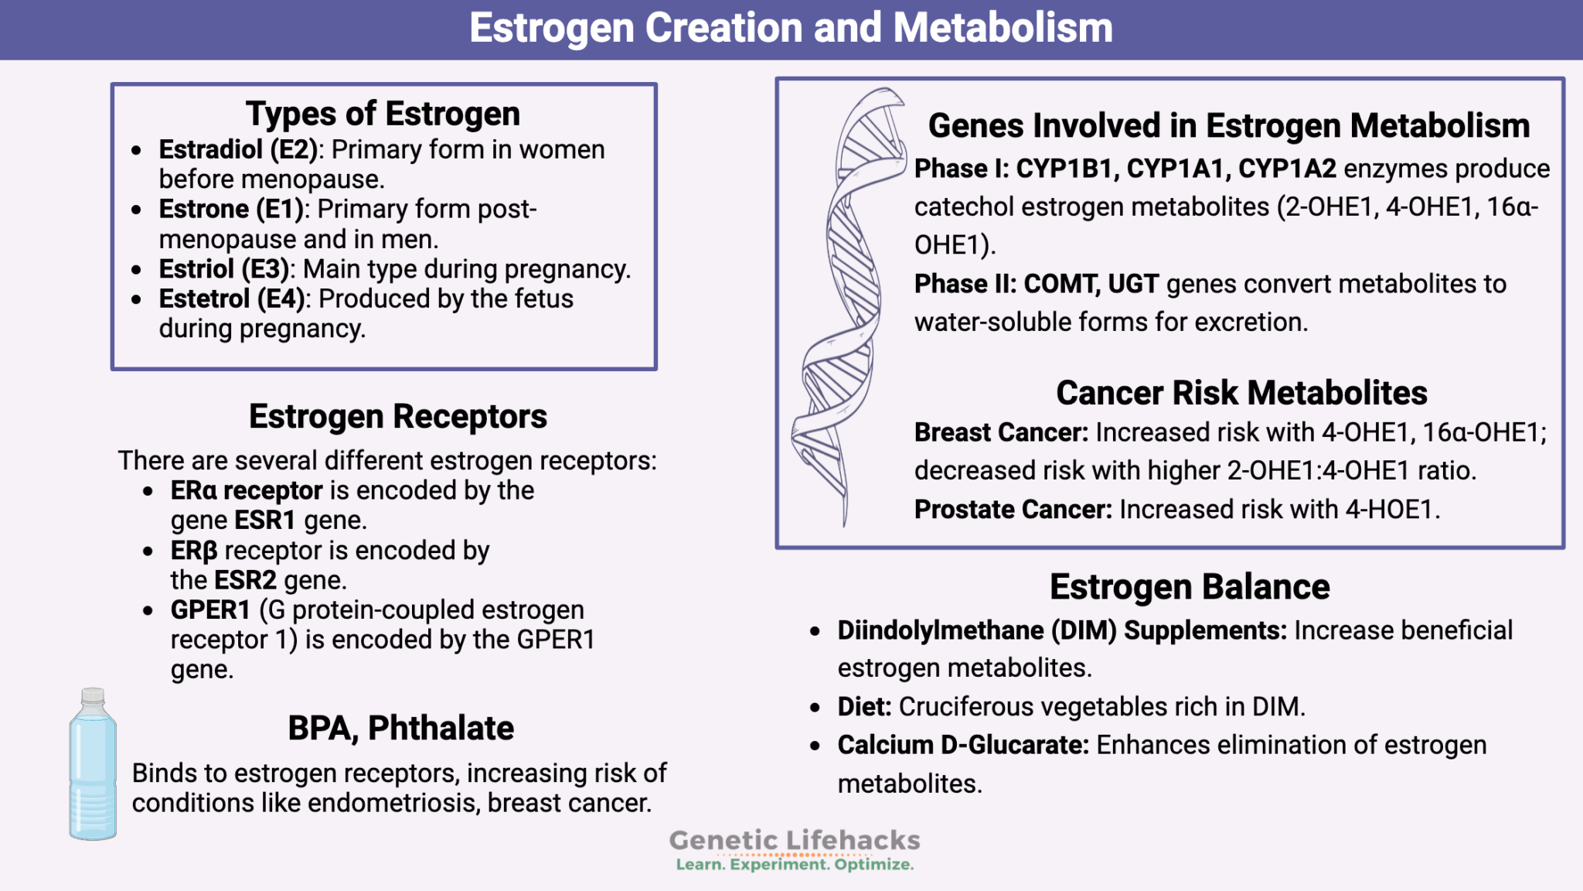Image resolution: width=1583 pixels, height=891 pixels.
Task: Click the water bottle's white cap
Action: [93, 695]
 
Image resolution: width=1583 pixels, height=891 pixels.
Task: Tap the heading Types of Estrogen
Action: [383, 114]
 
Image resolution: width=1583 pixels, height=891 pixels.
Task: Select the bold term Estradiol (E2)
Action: [238, 149]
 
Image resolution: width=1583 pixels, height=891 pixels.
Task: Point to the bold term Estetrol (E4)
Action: [232, 299]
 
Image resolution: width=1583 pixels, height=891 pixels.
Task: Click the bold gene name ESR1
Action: [265, 521]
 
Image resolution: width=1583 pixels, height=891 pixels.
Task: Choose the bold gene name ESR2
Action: [245, 580]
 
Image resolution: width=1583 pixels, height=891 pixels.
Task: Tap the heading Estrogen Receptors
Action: [397, 417]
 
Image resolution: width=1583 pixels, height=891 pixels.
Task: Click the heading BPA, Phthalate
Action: [400, 729]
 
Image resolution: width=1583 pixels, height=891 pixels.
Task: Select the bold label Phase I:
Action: [961, 169]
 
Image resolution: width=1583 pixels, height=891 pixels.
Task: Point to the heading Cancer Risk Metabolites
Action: [1241, 393]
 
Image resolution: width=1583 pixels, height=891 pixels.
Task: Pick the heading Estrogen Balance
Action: [1189, 587]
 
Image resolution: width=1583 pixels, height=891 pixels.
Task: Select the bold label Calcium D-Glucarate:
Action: [962, 745]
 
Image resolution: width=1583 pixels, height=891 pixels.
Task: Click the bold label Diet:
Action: [864, 707]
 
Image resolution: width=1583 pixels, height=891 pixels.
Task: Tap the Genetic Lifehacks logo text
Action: [794, 841]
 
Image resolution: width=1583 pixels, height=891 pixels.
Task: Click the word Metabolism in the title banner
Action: [1003, 28]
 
